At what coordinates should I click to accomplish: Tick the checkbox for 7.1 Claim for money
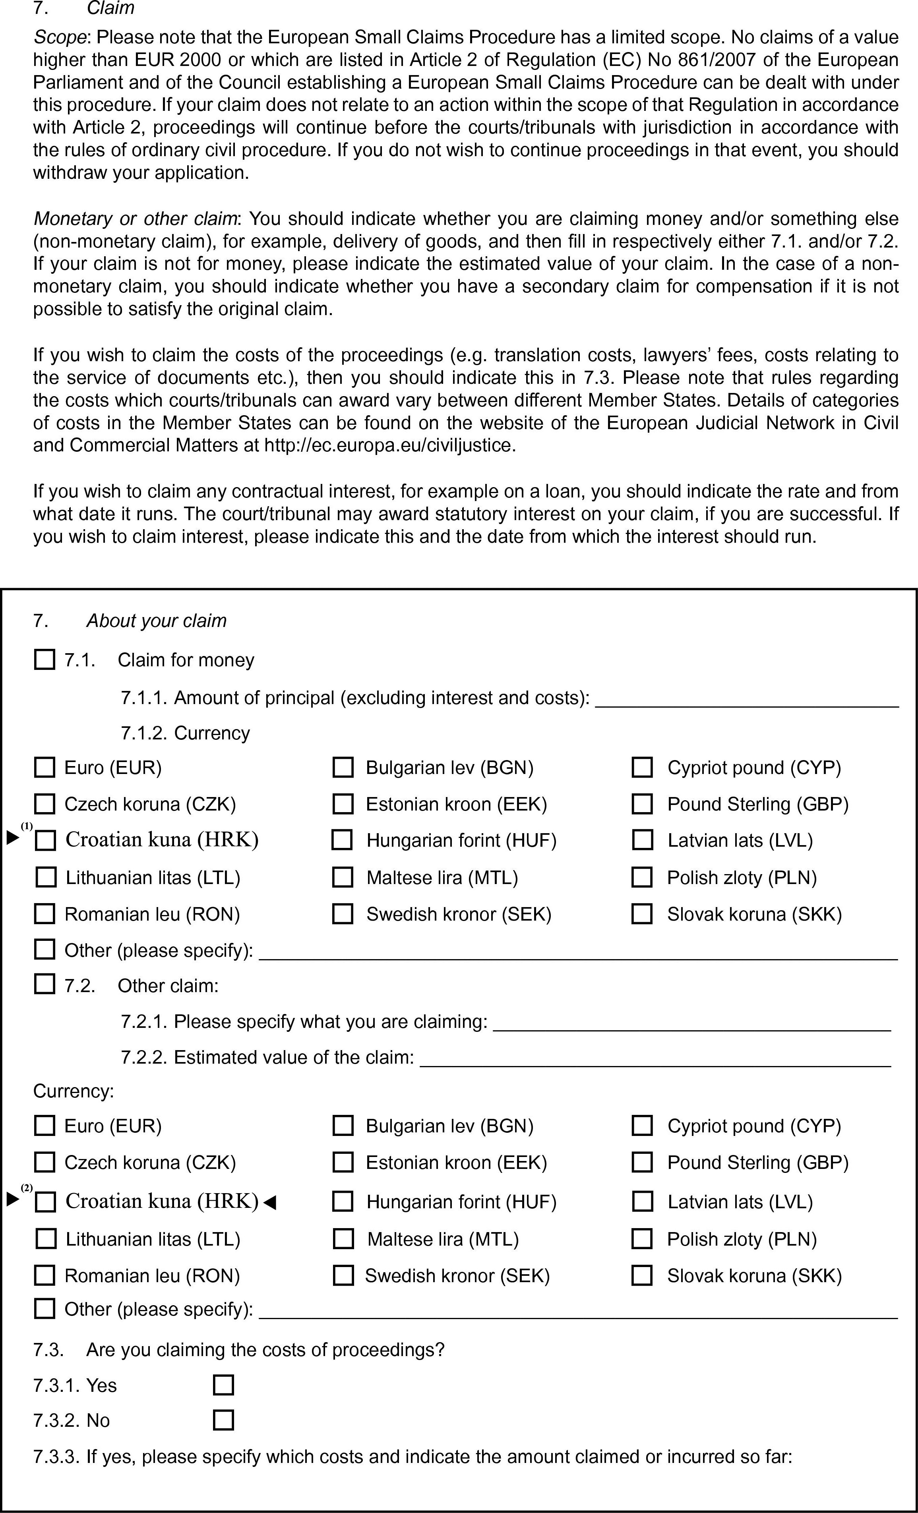44,660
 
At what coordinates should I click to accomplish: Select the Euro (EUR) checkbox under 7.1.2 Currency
44,768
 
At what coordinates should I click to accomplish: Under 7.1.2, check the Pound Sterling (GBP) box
642,804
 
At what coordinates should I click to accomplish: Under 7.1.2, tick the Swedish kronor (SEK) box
343,914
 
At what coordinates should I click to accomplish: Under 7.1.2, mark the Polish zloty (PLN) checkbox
642,877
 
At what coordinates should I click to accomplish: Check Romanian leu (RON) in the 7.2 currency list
44,1275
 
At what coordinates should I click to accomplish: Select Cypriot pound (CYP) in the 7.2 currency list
642,1126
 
